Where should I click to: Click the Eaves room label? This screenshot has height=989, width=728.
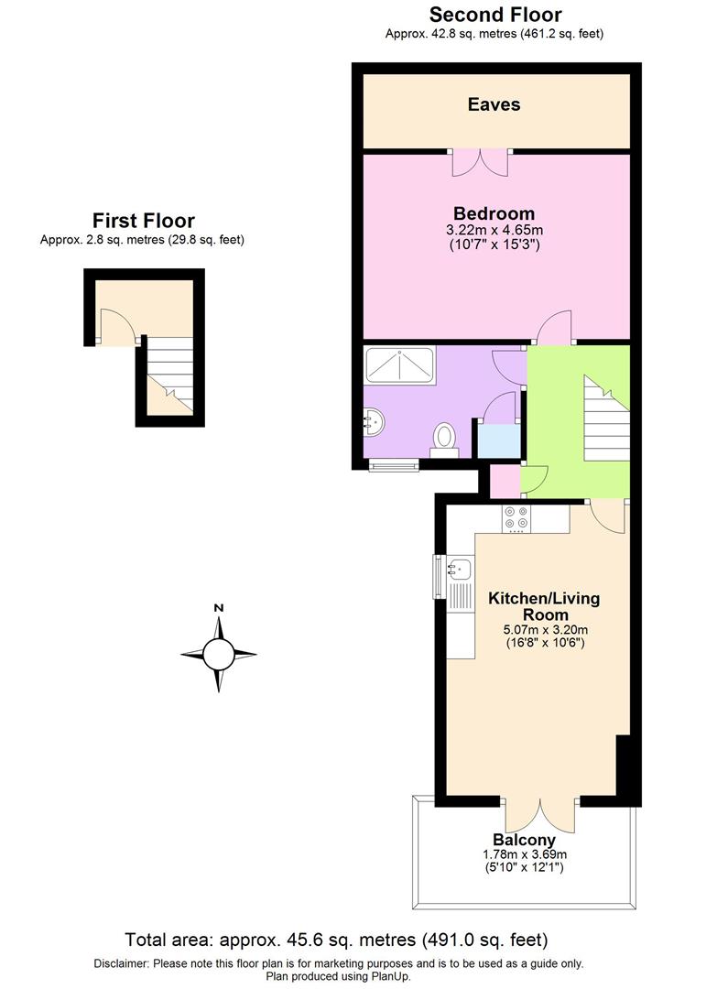coord(494,104)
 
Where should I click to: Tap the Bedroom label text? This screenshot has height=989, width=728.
coord(494,214)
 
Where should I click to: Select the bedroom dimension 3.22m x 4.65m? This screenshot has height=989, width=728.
coord(494,230)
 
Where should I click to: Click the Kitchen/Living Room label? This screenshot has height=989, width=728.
coord(544,606)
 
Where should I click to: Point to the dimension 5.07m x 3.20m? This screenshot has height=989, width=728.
coord(545,629)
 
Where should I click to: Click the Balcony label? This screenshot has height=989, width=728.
coord(524,840)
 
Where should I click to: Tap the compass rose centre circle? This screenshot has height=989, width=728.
coord(218,655)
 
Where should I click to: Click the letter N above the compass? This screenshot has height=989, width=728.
coord(218,608)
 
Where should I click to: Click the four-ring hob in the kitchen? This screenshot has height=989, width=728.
coord(516,519)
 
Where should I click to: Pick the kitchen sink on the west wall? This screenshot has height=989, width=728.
coord(458,569)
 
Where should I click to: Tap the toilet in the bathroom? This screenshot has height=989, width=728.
coord(444,438)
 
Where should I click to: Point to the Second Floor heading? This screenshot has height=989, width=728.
coord(494,15)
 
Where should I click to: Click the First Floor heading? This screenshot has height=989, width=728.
coord(143,221)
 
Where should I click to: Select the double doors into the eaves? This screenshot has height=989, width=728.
coord(480,161)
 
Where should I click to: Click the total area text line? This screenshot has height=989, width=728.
coord(336,940)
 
